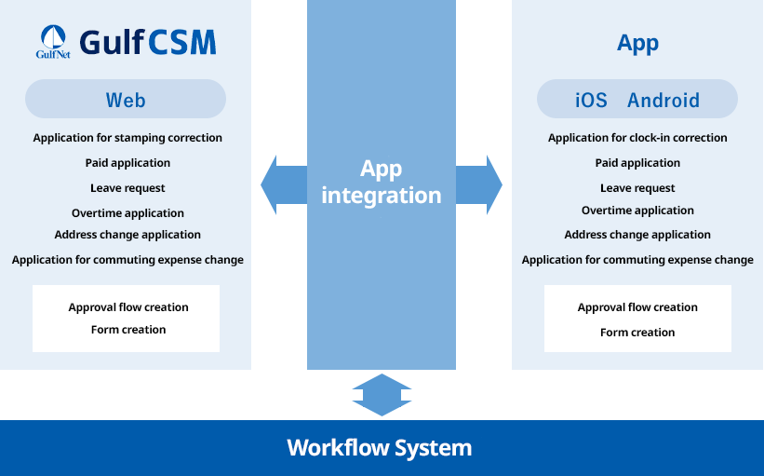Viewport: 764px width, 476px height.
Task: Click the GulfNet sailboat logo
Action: click(x=53, y=42)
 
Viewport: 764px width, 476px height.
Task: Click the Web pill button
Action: click(x=126, y=100)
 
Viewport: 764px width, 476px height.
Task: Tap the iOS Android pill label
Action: click(x=637, y=100)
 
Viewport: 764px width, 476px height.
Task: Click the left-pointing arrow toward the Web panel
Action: click(x=282, y=184)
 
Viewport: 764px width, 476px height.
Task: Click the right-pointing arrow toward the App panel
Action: click(x=480, y=184)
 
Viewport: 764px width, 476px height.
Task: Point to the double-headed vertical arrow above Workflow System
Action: click(x=382, y=394)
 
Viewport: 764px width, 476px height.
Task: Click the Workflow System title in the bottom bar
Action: click(x=380, y=448)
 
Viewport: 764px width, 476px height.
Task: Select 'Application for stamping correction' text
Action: click(x=127, y=138)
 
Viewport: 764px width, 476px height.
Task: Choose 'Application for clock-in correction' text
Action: click(x=637, y=138)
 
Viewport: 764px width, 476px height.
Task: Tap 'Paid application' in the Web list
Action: click(x=127, y=163)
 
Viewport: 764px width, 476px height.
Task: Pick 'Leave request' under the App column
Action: click(x=637, y=188)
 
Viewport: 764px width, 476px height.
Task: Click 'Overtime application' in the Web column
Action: click(x=127, y=213)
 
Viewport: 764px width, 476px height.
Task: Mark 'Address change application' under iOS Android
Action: click(x=637, y=235)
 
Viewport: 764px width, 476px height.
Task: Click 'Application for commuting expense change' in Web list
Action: click(x=127, y=260)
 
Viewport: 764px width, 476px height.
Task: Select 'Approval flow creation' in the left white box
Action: click(x=128, y=307)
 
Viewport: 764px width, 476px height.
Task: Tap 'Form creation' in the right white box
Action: click(x=637, y=333)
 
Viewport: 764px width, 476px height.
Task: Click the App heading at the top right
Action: click(x=637, y=44)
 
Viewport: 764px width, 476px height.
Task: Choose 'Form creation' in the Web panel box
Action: click(x=128, y=330)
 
